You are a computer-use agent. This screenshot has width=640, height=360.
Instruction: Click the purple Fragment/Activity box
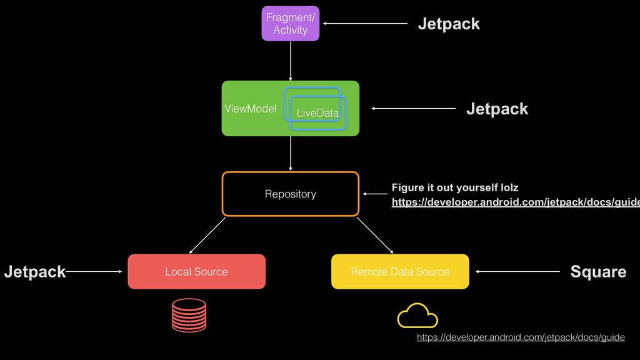(290, 24)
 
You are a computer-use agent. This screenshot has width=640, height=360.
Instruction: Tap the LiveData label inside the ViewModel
(317, 113)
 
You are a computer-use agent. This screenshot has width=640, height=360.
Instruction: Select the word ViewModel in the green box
(250, 109)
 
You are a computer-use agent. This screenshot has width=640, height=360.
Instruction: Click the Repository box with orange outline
(291, 194)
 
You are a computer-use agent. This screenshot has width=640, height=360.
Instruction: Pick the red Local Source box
(196, 271)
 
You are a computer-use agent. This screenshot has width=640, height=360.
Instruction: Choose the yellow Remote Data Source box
(400, 271)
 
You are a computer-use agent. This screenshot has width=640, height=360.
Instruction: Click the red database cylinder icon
(189, 314)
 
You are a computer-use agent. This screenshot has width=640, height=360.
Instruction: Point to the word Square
(598, 271)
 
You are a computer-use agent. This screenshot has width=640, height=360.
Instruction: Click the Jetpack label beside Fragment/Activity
(449, 24)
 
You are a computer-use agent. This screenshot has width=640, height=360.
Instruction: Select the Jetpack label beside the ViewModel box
(497, 109)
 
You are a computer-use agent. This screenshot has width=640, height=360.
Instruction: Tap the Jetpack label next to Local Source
(34, 271)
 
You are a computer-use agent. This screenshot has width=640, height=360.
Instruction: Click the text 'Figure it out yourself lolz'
(454, 187)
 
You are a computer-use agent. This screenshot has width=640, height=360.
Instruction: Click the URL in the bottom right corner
(521, 337)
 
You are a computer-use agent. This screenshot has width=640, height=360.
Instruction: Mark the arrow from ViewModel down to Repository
(291, 153)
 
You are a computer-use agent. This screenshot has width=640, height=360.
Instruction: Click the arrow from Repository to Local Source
(207, 234)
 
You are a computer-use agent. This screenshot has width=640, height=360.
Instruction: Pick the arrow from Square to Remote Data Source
(517, 271)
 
